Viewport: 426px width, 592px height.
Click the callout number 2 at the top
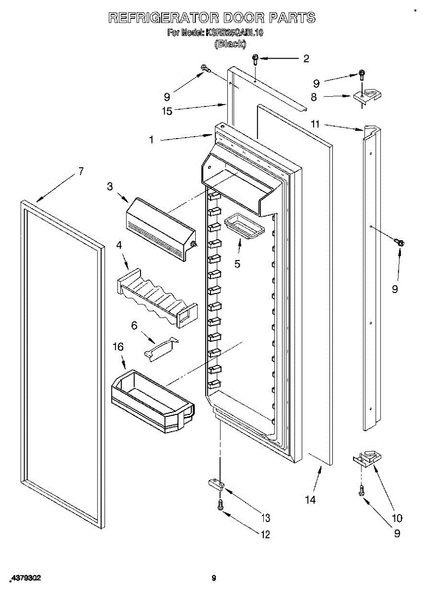point(306,59)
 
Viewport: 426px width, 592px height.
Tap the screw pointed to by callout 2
point(255,59)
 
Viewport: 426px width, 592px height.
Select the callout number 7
point(81,172)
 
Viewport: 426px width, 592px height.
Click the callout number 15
point(167,111)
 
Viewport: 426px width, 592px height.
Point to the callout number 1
point(152,140)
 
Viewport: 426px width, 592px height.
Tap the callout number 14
point(310,500)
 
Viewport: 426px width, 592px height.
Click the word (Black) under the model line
point(230,44)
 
